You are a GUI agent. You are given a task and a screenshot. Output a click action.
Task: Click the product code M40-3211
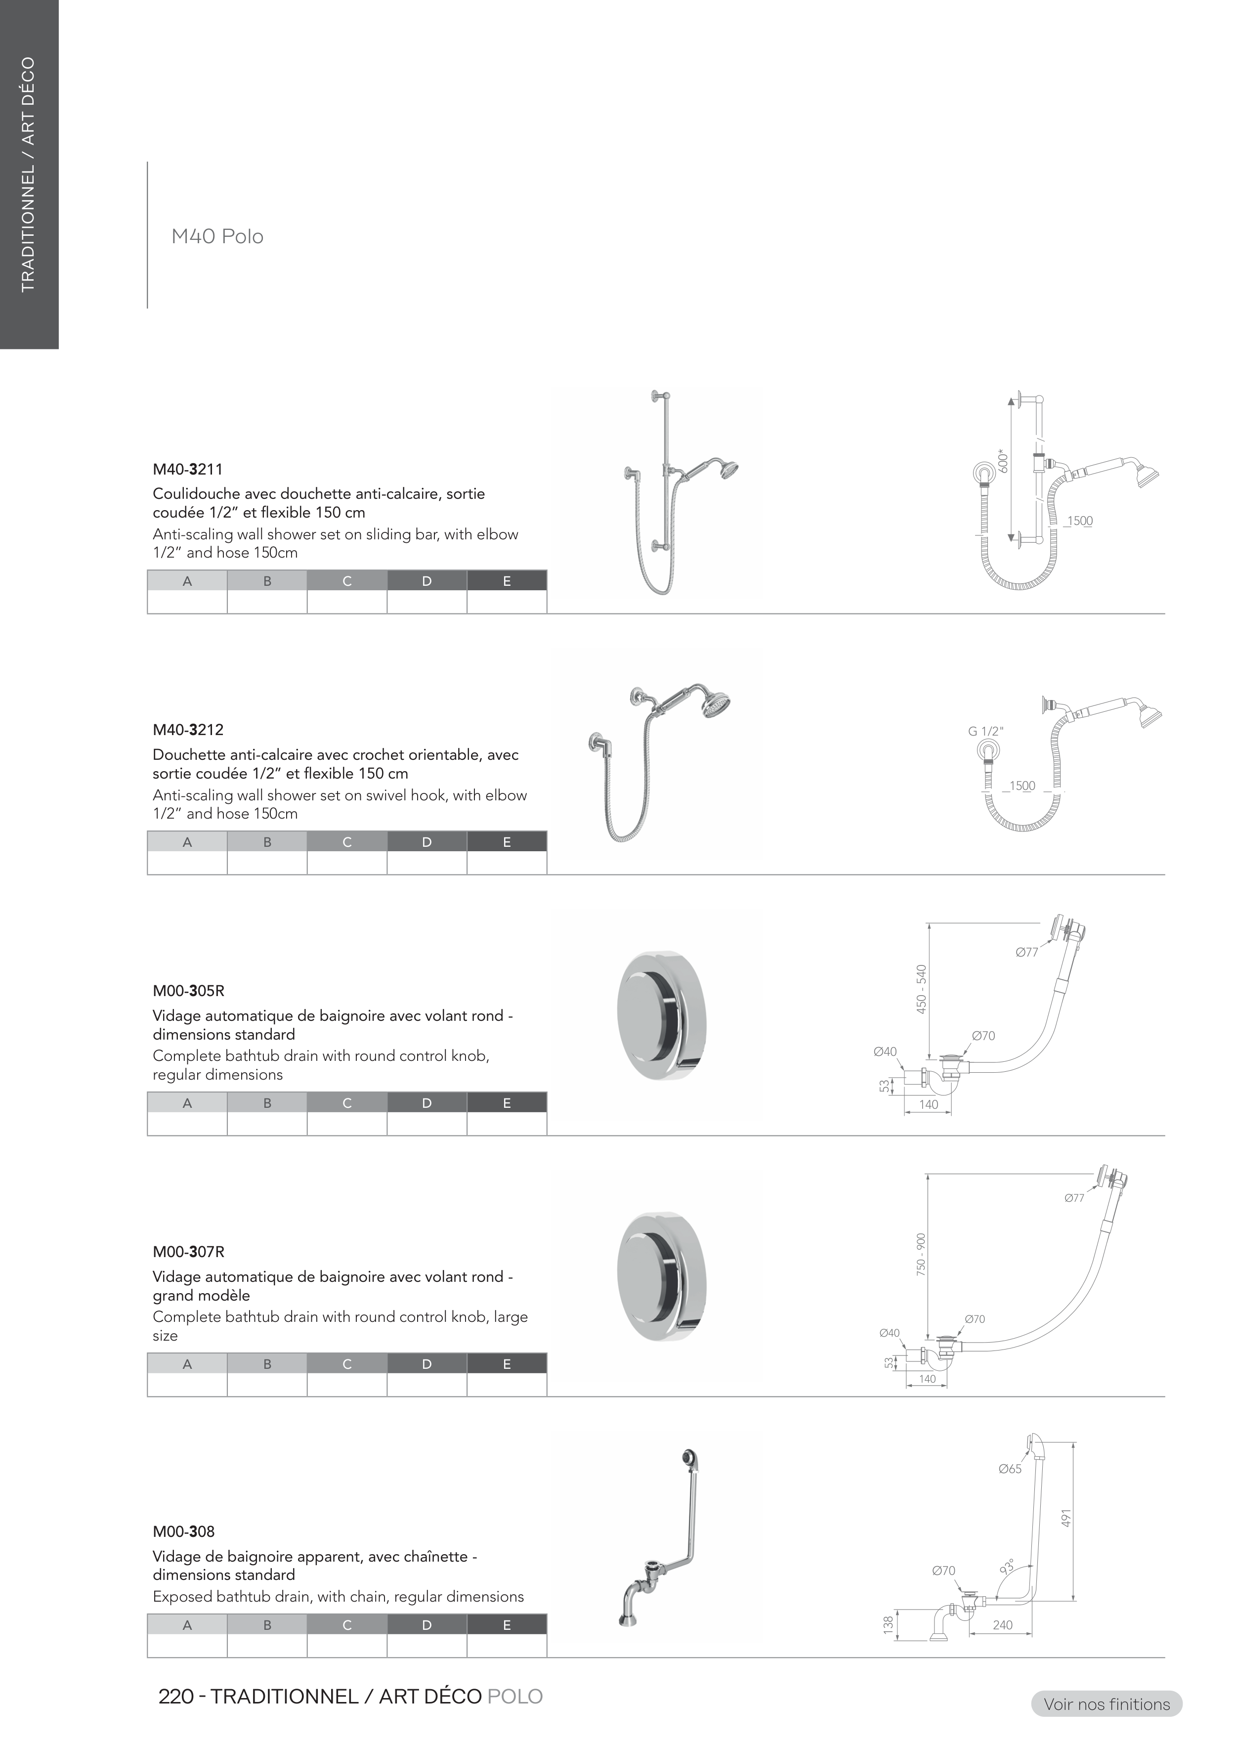(188, 469)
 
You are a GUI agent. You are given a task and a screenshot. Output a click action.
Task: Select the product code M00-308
(183, 1531)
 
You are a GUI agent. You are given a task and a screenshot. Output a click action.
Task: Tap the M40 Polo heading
(217, 236)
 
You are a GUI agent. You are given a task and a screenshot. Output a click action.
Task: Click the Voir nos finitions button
(1106, 1704)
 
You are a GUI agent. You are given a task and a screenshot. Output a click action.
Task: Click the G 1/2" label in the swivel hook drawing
(985, 731)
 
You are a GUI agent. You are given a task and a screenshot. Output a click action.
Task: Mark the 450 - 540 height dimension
(922, 989)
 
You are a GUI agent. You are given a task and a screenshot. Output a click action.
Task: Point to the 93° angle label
(1008, 1567)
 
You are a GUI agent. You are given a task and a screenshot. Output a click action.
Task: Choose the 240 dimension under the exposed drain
(1002, 1625)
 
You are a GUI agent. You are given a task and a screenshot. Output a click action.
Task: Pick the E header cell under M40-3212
(507, 842)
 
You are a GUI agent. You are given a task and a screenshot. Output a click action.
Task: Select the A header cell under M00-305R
(187, 1103)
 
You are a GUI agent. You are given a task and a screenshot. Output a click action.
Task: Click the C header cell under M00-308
(347, 1625)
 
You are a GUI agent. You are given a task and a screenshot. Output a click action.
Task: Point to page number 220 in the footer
(175, 1697)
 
